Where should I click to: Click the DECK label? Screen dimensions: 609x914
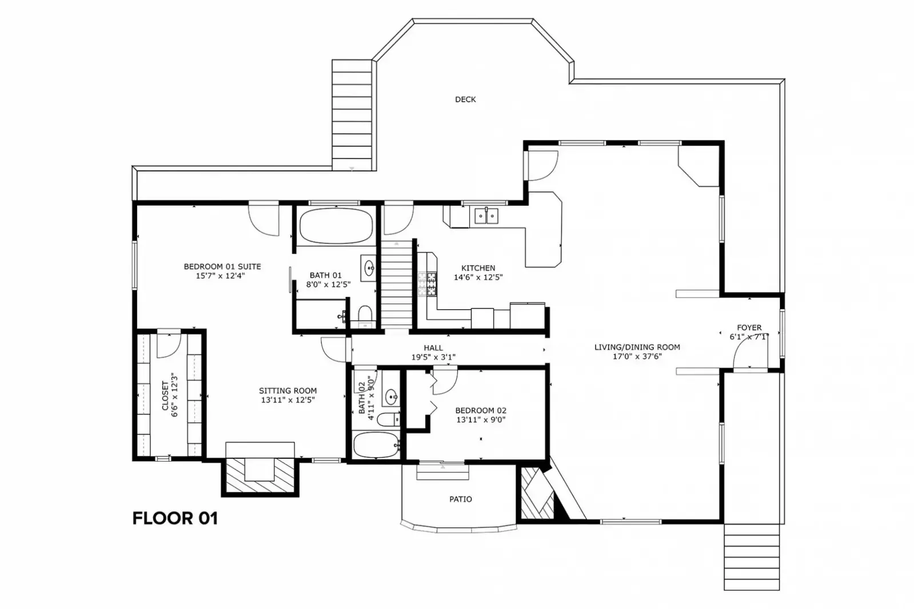[x=465, y=99]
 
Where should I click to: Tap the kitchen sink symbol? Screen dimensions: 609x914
[x=486, y=216]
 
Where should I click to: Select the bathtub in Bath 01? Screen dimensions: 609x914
[x=336, y=226]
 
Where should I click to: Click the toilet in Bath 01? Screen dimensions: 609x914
[x=365, y=314]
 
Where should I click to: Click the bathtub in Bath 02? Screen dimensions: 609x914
[x=375, y=444]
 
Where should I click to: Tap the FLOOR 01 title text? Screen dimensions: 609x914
[x=175, y=518]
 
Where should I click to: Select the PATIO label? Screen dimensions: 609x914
[x=460, y=499]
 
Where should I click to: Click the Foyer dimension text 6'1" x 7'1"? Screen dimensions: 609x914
[x=749, y=337]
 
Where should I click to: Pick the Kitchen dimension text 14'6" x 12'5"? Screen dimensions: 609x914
[x=478, y=278]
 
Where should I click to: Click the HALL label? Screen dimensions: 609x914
[x=433, y=348]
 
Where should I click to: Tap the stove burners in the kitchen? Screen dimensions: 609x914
[x=426, y=285]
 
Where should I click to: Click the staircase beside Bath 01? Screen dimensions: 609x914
[x=396, y=286]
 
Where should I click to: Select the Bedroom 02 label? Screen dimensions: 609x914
[x=481, y=411]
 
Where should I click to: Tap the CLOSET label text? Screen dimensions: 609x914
[x=165, y=395]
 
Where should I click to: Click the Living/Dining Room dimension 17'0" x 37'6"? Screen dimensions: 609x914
[x=637, y=356]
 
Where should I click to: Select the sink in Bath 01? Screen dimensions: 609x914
[x=369, y=267]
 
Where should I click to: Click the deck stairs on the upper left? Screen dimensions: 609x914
[x=352, y=114]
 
